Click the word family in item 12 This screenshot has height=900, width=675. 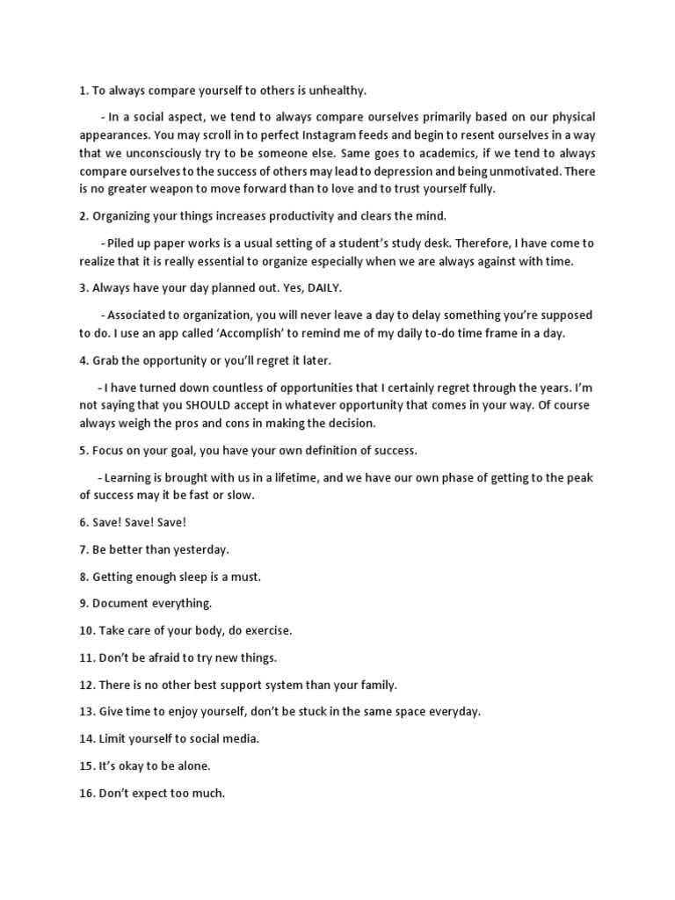pyautogui.click(x=378, y=685)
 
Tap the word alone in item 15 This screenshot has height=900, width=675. pyautogui.click(x=191, y=766)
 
